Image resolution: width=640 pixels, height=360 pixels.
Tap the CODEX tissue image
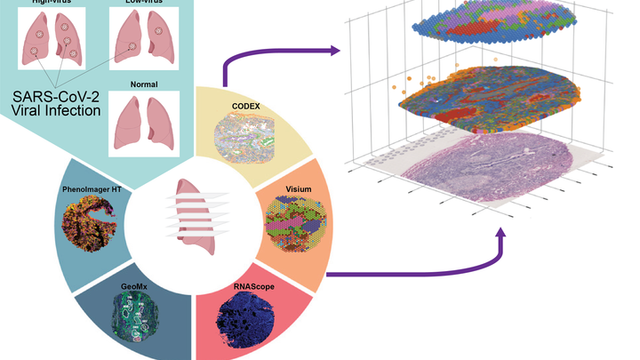tap(241, 140)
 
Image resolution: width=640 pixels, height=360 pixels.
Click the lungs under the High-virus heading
tap(51, 44)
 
